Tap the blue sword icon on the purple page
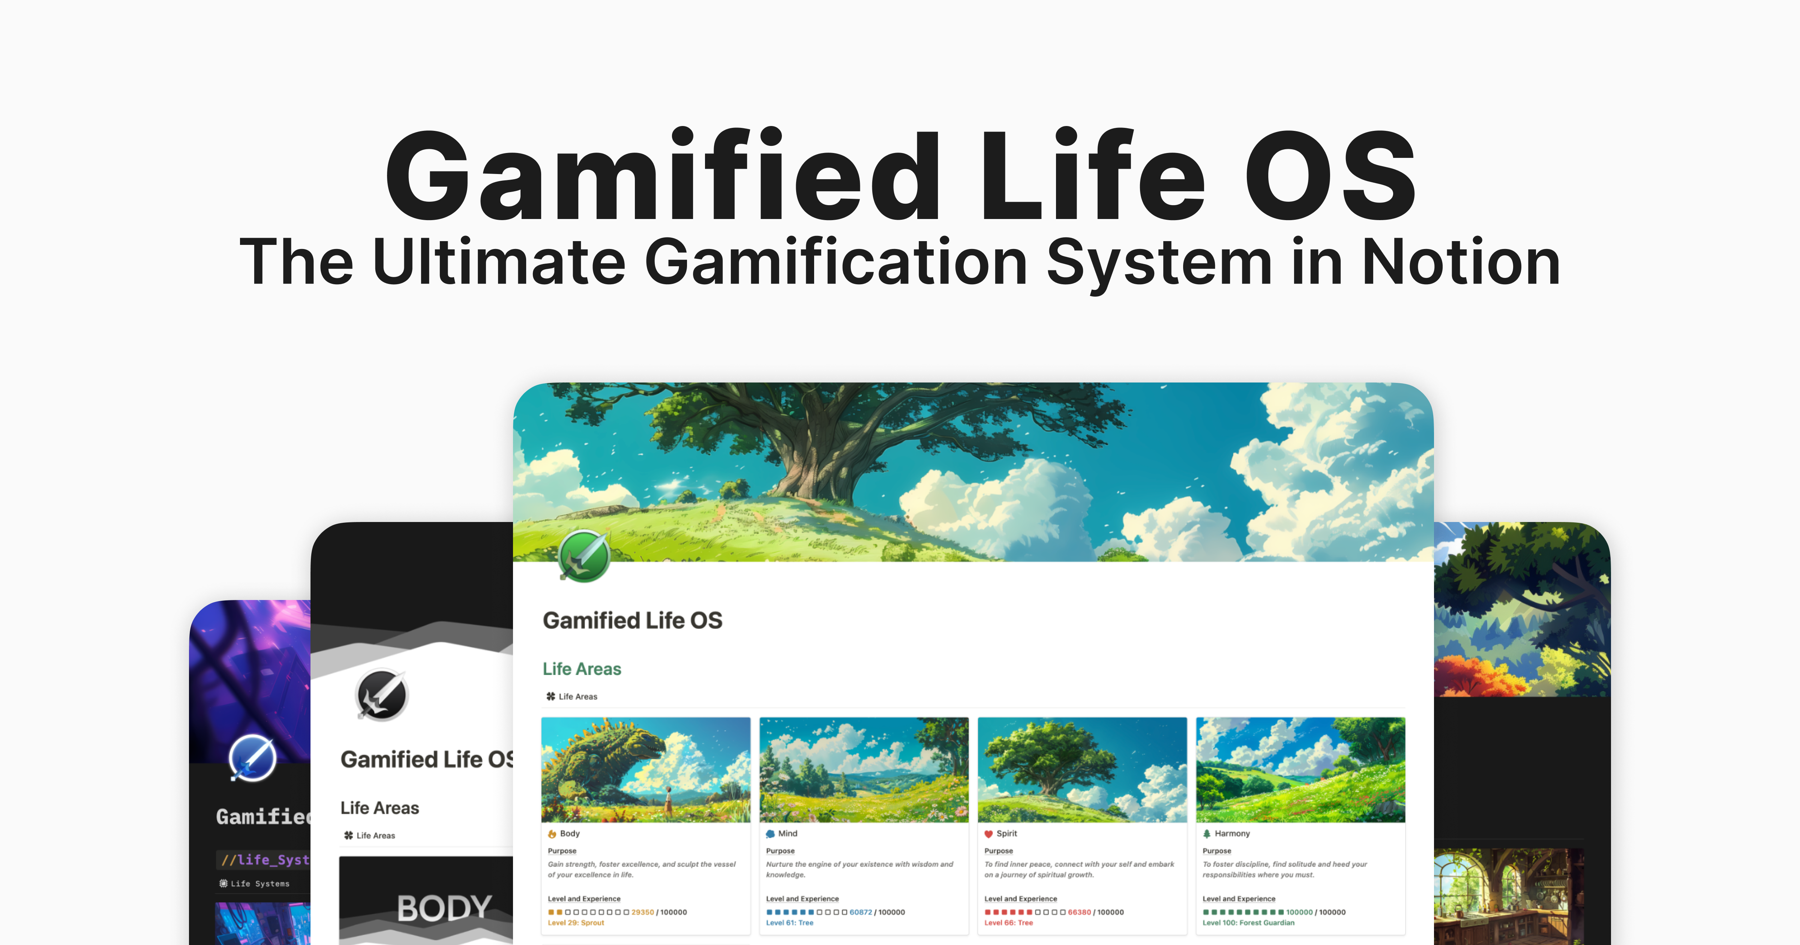click(252, 757)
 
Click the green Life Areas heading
click(581, 669)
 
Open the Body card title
click(570, 833)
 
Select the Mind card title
click(787, 833)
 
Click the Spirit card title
click(1006, 833)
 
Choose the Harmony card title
click(1232, 833)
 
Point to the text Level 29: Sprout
click(576, 922)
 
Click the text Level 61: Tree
click(790, 922)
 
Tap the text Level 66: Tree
click(1008, 922)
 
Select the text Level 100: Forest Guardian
click(1248, 922)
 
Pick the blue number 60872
click(861, 912)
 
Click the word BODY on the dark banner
click(444, 908)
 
